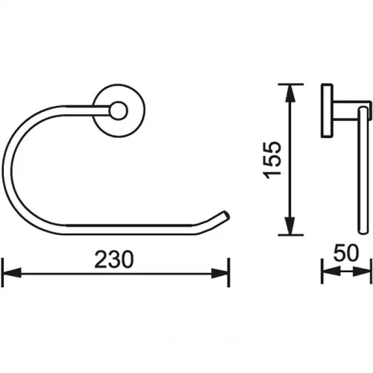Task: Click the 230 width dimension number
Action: (114, 260)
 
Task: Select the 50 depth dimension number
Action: (346, 253)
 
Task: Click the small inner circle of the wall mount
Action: (119, 110)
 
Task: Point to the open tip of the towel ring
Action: (226, 216)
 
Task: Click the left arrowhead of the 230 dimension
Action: (11, 273)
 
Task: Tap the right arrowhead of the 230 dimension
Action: (220, 273)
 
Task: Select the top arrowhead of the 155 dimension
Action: (289, 94)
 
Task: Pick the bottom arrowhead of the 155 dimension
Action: (289, 225)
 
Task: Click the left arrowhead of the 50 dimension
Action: (331, 271)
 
